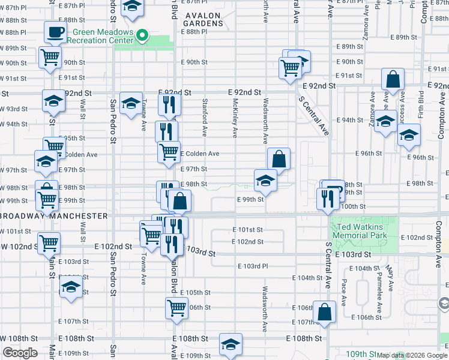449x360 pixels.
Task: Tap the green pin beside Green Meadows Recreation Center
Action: pos(142,36)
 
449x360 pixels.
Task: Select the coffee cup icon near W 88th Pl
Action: pos(55,32)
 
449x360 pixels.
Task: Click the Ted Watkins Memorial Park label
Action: pos(364,232)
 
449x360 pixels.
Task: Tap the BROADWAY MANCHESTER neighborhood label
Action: pos(54,216)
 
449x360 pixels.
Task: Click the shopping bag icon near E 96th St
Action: pos(279,160)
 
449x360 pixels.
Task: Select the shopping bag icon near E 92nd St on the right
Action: pos(392,79)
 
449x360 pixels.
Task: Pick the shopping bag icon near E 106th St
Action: pos(324,312)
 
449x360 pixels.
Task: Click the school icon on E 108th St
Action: pos(231,344)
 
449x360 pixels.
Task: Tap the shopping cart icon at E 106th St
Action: pos(176,308)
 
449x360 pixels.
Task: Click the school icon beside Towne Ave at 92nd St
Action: pos(131,103)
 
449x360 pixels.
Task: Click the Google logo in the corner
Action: pos(20,353)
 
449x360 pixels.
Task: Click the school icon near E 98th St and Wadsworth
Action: pos(265,180)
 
